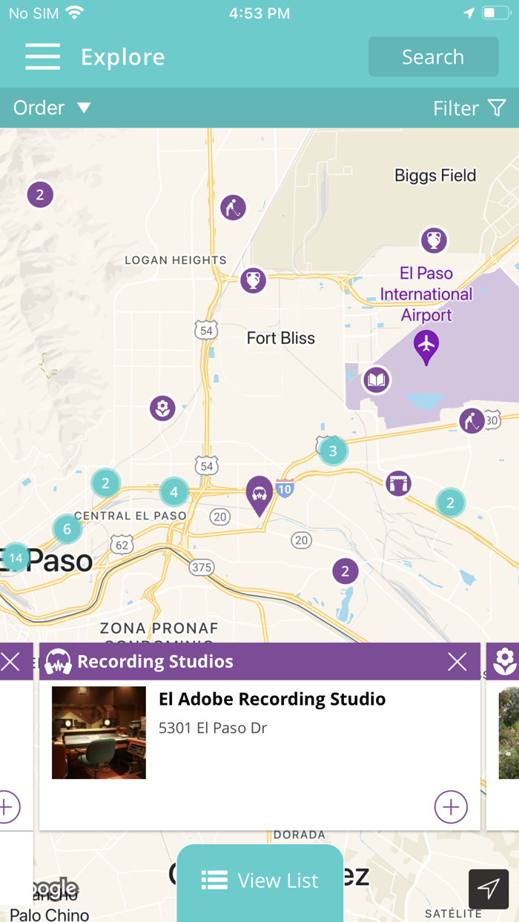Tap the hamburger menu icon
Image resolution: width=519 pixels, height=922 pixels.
tap(42, 57)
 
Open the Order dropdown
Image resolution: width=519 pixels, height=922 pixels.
tap(52, 108)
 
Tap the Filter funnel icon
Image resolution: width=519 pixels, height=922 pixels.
tap(497, 108)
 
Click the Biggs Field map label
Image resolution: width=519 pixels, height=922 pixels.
tap(435, 176)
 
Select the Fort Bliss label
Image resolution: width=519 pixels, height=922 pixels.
tap(280, 338)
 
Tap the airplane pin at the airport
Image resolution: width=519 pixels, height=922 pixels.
tap(426, 345)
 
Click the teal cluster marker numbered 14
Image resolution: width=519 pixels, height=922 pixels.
tap(16, 557)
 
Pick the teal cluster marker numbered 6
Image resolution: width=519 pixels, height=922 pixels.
tap(67, 529)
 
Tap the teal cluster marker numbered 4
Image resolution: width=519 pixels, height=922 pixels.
tap(173, 491)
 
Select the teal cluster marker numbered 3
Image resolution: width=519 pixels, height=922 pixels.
tap(333, 451)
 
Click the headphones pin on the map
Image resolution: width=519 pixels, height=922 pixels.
tap(259, 493)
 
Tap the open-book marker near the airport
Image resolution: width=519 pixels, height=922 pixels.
tap(377, 381)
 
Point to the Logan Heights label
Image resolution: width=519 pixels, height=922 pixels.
tap(176, 260)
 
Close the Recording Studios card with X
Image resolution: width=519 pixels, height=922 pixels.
tap(457, 662)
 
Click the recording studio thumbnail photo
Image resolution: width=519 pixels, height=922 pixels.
tap(99, 732)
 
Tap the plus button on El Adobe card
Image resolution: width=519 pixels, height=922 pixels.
tap(451, 807)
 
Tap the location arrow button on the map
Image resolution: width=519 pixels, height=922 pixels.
tap(489, 889)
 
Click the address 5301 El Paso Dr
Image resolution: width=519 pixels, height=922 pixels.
tap(213, 728)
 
